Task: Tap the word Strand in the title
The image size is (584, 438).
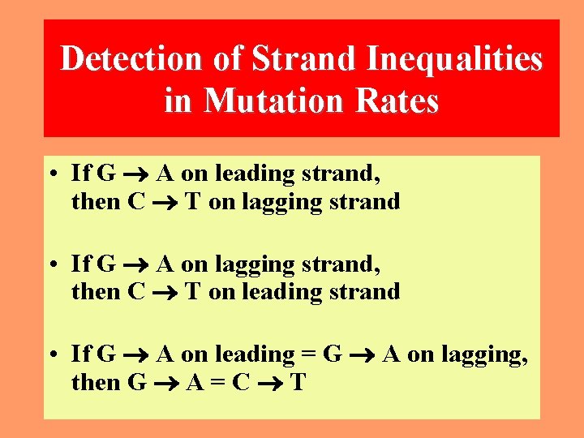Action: pos(306,59)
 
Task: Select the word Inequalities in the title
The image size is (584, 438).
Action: pos(455,59)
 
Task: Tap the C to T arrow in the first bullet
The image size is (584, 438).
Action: pos(165,202)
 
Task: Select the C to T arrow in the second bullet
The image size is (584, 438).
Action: pos(165,292)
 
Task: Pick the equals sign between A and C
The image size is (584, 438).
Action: pos(217,382)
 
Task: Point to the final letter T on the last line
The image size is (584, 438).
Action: pos(297,382)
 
